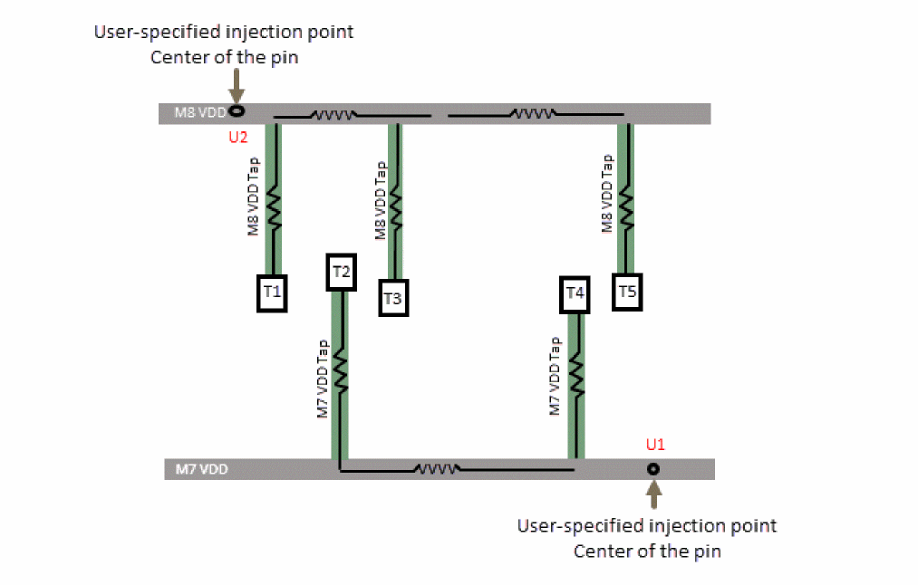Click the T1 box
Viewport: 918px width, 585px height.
272,292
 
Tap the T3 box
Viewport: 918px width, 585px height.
392,297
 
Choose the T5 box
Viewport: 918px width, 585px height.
627,292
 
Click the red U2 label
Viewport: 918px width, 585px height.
238,139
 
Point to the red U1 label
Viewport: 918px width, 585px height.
655,445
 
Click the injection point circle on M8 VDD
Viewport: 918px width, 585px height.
237,111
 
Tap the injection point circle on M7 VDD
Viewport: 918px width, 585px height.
652,469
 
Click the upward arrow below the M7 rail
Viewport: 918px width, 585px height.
654,494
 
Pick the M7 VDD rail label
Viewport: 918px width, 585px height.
197,470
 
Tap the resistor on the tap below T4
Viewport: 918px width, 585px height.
576,376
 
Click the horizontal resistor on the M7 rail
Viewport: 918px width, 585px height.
438,469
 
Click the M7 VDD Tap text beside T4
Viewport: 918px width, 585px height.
556,377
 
